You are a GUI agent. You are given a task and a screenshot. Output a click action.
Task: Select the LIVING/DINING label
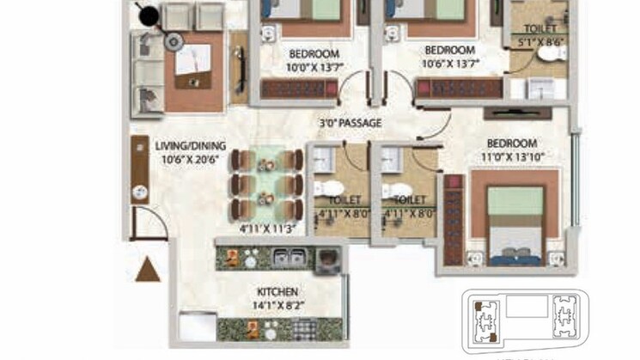185,145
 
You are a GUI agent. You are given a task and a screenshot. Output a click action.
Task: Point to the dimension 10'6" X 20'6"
185,158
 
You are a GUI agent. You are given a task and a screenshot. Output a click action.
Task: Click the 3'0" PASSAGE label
350,123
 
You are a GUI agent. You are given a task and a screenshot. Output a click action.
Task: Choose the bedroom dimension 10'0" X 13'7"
314,64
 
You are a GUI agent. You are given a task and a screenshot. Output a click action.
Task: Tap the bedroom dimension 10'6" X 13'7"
449,64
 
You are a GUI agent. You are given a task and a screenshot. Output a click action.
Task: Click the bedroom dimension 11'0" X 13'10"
511,156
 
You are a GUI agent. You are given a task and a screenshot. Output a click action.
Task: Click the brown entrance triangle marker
149,268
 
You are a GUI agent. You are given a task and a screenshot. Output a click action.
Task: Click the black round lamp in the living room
149,15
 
